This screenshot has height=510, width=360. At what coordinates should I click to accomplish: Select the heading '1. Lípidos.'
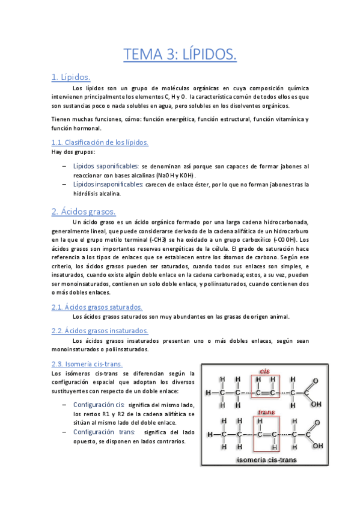[x=71, y=77]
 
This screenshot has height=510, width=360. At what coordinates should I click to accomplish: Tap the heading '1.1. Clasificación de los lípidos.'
[x=100, y=143]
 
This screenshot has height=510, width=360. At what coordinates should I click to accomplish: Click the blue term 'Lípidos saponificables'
[x=106, y=166]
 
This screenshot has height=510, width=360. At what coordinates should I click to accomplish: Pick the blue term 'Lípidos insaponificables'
[x=108, y=184]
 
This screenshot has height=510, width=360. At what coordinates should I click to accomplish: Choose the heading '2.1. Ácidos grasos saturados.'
[x=97, y=307]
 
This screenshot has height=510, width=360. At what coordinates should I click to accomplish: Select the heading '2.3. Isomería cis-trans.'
[x=88, y=364]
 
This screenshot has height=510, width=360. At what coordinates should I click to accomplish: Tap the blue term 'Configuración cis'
[x=99, y=405]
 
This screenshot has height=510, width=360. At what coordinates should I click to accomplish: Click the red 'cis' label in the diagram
[x=263, y=370]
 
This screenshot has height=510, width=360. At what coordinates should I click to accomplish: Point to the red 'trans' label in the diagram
[x=265, y=413]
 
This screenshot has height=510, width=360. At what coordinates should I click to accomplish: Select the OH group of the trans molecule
[x=317, y=446]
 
